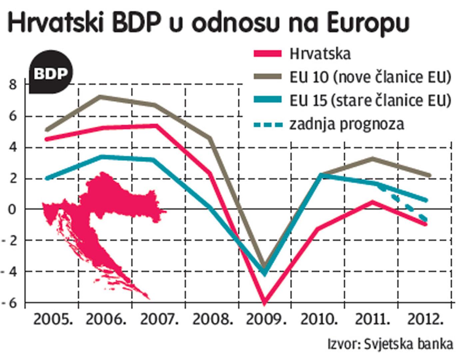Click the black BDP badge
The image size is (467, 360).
[x=51, y=73]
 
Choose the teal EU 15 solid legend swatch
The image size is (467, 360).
[x=267, y=100]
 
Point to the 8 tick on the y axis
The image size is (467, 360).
[x=13, y=85]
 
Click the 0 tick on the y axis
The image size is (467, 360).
[x=13, y=210]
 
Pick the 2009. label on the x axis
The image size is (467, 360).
[x=266, y=319]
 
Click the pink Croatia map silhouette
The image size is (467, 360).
[x=100, y=213]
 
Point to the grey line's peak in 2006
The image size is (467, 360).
[x=101, y=97]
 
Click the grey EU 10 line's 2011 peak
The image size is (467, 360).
[x=373, y=159]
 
